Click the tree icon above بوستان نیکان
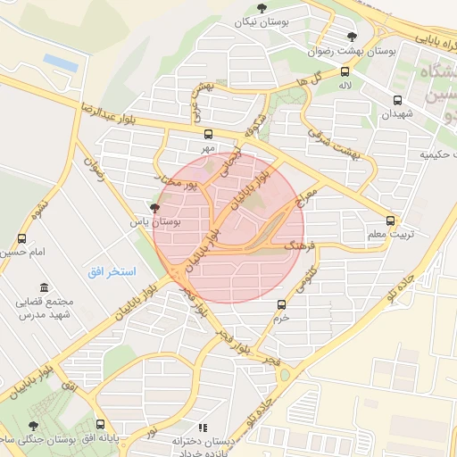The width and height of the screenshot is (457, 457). click(x=261, y=8)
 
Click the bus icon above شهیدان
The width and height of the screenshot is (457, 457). click(x=396, y=100)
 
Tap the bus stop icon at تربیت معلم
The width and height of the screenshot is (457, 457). click(x=390, y=220)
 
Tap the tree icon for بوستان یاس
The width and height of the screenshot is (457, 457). click(x=156, y=208)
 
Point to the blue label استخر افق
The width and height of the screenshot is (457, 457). click(x=111, y=270)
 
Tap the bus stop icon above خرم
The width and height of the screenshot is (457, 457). click(x=282, y=304)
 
